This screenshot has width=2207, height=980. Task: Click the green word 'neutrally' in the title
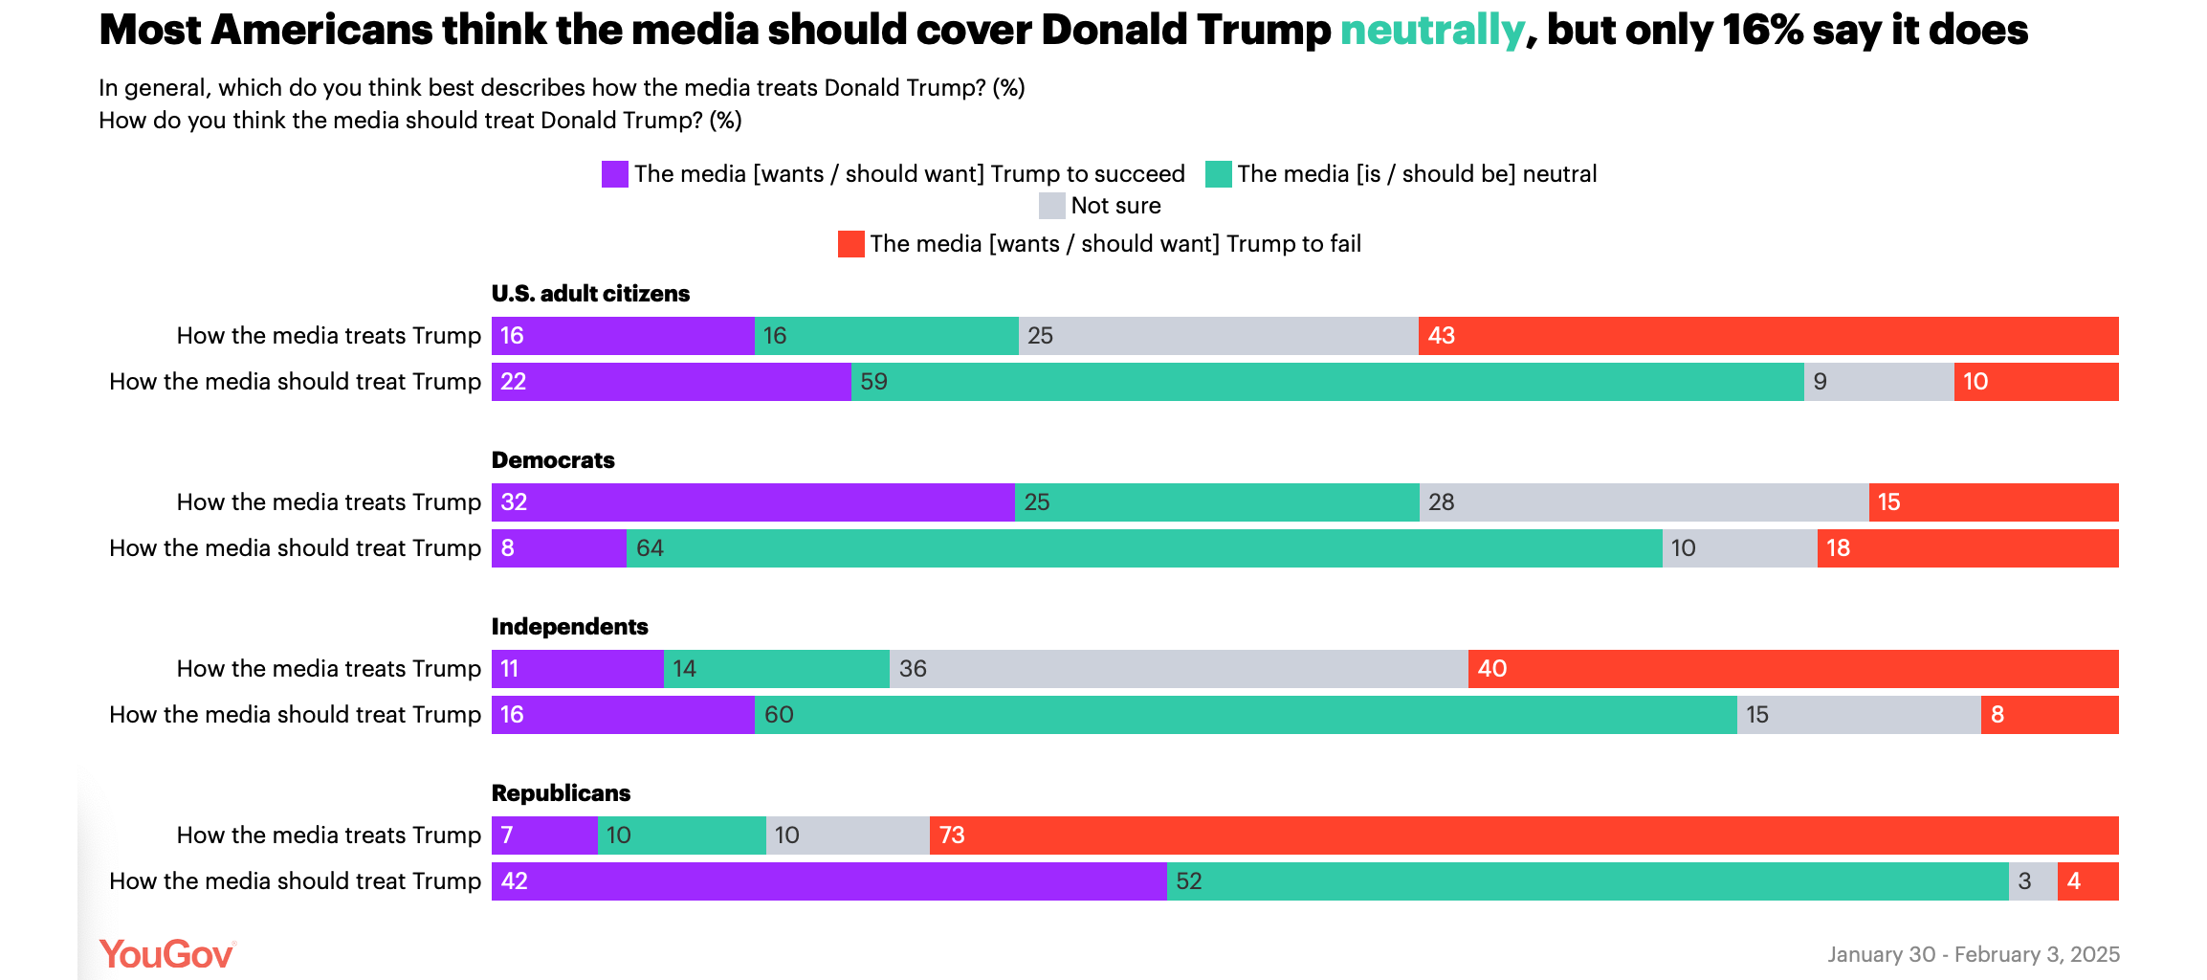click(1431, 31)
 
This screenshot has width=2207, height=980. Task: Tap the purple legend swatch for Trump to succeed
click(614, 174)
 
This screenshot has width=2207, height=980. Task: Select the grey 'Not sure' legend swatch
click(1051, 206)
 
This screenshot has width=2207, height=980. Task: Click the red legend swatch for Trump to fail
click(850, 244)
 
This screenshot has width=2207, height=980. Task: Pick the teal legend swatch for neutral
click(1218, 174)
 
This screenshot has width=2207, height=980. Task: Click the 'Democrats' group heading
click(553, 460)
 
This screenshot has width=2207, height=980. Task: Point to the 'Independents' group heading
click(569, 627)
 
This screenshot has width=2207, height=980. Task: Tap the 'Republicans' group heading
click(561, 793)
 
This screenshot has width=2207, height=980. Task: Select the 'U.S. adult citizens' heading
click(590, 294)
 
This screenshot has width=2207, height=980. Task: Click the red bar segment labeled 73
click(1523, 835)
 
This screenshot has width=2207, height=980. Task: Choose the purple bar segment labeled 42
click(828, 881)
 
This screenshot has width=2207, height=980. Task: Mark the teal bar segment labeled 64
click(1143, 548)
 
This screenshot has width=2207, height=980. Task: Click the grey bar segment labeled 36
click(1178, 669)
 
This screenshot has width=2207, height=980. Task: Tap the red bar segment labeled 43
click(1768, 336)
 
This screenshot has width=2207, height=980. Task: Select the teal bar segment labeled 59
click(1327, 382)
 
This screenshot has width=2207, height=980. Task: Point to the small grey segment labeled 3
click(2032, 881)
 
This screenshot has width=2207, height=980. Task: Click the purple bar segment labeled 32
click(753, 502)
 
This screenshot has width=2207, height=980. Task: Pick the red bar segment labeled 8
click(2049, 715)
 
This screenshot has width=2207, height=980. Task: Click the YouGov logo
click(166, 954)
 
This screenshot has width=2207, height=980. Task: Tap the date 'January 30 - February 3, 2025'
click(1973, 954)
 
